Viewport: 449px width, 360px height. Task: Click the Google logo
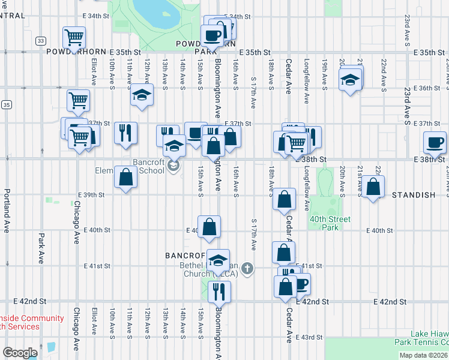pos(20,353)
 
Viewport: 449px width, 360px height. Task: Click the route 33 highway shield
pos(40,41)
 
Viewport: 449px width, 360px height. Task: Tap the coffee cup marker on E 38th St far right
pos(435,142)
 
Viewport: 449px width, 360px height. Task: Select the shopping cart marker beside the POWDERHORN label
pos(74,38)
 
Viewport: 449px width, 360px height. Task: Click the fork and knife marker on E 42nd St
pos(219,292)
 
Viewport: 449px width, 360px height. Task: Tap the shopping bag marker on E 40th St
pos(209,227)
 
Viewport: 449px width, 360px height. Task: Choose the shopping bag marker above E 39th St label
pos(125,178)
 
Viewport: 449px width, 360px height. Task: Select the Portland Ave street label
pos(7,203)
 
